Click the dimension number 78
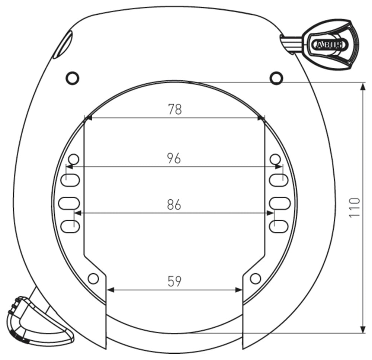(174, 109)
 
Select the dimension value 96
(174, 158)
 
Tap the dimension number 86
(174, 205)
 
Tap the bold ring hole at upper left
(72, 78)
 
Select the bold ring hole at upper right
(276, 78)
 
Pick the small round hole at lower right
(255, 278)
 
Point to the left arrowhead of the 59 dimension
(110, 290)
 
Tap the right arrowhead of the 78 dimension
(261, 118)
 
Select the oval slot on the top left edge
(62, 45)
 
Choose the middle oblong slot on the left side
(70, 203)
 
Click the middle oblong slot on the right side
(279, 203)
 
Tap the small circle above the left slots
(74, 159)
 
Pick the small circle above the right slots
(275, 159)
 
